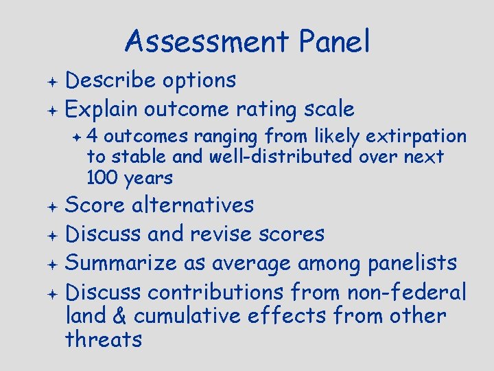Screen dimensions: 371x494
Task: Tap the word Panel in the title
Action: (x=335, y=42)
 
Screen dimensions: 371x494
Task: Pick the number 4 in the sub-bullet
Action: (x=92, y=135)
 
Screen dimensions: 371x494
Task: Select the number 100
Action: (x=102, y=179)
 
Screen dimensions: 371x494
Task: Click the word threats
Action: (x=103, y=339)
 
